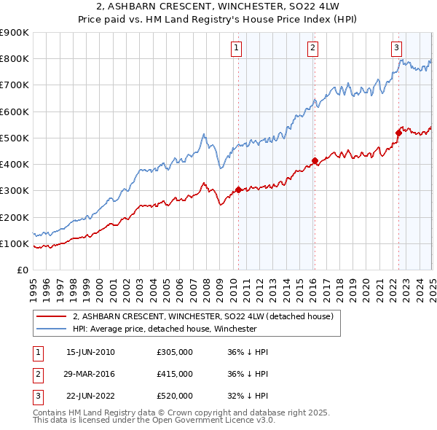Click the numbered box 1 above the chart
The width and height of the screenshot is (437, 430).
[x=237, y=49]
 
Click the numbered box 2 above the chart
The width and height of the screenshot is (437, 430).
[x=312, y=49]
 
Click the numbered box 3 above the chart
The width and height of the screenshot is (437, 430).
[x=397, y=49]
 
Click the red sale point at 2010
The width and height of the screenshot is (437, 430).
[x=238, y=189]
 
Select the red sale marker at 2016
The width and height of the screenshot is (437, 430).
[x=315, y=160]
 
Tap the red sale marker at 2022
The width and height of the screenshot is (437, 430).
[x=399, y=133]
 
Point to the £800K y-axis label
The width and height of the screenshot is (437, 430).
[x=14, y=59]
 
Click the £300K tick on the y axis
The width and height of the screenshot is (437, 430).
[x=14, y=191]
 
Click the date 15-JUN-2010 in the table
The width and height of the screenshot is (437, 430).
[x=90, y=352]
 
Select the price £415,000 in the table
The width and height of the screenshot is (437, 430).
[x=175, y=374]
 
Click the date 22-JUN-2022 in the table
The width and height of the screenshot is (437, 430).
[x=90, y=396]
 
